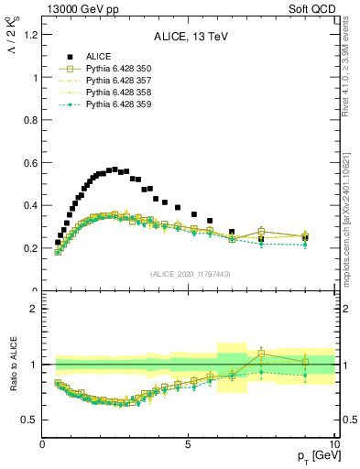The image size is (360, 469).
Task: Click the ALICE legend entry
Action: tap(96, 57)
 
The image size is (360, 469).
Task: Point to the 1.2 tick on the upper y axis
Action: tap(30, 36)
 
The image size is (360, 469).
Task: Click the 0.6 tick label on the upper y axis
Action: tap(30, 163)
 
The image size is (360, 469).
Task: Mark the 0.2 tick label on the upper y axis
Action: tap(30, 248)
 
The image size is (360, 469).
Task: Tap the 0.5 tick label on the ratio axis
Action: tap(30, 420)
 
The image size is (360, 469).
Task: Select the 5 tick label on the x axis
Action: tap(188, 445)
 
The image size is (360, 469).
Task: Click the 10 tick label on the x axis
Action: tap(333, 445)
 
